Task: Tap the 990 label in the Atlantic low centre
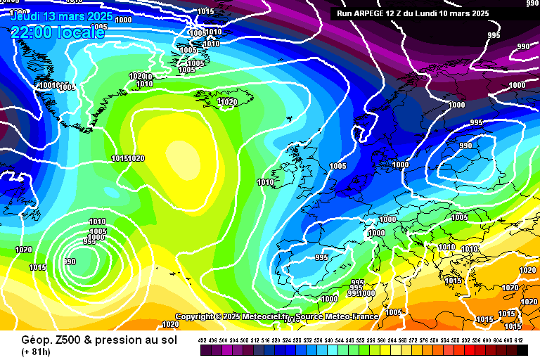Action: coord(70,262)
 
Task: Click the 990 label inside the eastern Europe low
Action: coord(465,146)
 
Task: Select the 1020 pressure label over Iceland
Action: coord(228,102)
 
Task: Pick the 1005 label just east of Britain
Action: coord(337,166)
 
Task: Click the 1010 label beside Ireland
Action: coord(266,182)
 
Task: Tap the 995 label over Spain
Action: coord(322,257)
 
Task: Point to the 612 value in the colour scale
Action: coord(518,340)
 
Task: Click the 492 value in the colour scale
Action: coord(202,340)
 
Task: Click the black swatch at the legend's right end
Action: coord(522,349)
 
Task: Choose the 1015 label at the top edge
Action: coord(206,11)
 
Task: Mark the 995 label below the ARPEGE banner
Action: coord(494,35)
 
